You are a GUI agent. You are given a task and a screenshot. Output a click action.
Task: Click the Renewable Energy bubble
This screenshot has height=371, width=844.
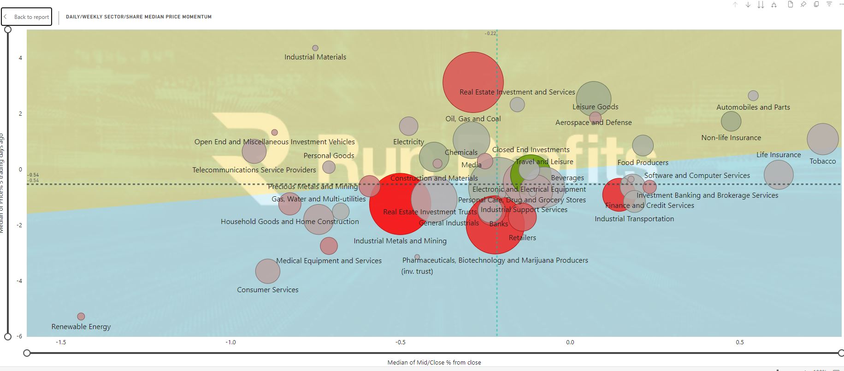(81, 317)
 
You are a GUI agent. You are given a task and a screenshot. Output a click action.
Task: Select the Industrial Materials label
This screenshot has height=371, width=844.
(315, 57)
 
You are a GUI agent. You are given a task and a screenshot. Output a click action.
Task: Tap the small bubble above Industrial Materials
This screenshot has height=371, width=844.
(315, 48)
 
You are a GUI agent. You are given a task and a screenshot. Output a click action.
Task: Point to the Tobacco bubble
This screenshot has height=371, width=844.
(823, 139)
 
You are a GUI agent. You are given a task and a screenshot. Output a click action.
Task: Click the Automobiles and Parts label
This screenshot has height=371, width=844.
(753, 107)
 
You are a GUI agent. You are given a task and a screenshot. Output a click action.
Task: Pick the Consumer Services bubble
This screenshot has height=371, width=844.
(268, 271)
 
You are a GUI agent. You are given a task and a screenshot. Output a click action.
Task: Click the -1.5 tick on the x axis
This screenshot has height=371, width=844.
(61, 342)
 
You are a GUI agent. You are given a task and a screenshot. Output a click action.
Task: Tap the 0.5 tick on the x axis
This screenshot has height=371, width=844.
(740, 342)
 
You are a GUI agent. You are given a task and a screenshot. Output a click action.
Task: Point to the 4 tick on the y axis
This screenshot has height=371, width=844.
(21, 58)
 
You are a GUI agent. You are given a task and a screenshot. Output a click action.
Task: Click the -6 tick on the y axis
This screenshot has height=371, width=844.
(19, 336)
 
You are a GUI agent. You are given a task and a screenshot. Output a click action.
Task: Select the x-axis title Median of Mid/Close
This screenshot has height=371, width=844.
(434, 363)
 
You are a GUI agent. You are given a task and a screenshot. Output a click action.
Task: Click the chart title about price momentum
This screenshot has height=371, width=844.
(139, 17)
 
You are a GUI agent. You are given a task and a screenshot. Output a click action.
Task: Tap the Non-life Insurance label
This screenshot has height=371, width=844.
(731, 138)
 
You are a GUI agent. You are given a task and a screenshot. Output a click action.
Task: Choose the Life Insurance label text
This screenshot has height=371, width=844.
(779, 155)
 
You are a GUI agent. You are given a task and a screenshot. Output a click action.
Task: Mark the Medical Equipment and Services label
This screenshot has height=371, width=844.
(329, 261)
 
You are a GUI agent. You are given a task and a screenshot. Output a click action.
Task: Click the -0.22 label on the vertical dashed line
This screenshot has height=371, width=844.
(490, 33)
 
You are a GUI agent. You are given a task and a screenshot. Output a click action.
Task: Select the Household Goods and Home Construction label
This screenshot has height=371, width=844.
(289, 222)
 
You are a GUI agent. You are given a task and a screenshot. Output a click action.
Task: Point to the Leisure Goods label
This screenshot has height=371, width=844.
(596, 107)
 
